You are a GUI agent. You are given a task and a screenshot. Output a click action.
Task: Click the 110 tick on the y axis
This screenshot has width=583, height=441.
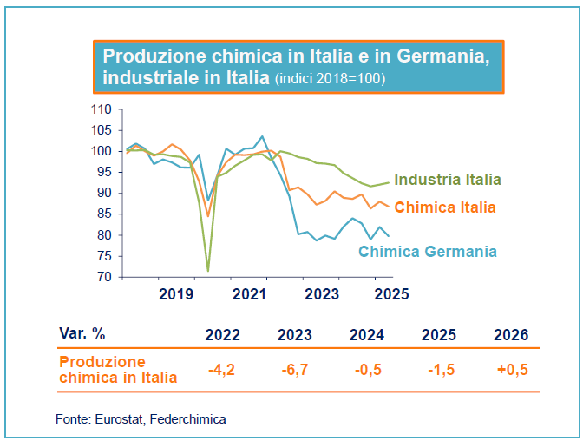point(102,109)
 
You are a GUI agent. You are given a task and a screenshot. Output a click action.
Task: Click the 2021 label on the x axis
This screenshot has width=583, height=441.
point(248,293)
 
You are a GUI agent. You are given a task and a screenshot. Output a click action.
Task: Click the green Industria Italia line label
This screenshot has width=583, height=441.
point(448,181)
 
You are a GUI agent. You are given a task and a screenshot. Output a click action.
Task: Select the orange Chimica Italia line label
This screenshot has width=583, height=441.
point(445,207)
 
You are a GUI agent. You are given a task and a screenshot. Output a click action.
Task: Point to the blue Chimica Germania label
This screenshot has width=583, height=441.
point(428,252)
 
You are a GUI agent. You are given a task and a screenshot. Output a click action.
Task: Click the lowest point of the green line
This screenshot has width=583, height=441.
point(207,271)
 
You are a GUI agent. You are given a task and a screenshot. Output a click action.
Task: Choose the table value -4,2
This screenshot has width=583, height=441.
point(223,370)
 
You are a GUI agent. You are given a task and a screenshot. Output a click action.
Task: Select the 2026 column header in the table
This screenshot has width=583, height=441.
point(510,335)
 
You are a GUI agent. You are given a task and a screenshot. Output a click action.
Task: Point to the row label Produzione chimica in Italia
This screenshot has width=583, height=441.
point(117,370)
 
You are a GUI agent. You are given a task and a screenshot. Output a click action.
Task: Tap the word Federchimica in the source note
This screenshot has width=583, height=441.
point(187,419)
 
